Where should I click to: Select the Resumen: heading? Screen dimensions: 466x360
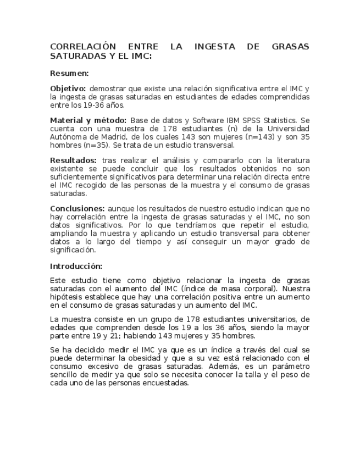click(x=69, y=73)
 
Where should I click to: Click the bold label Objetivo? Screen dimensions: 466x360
click(x=68, y=88)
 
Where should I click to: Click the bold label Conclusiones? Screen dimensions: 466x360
click(x=77, y=209)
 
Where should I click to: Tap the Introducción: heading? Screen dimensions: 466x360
click(x=76, y=266)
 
